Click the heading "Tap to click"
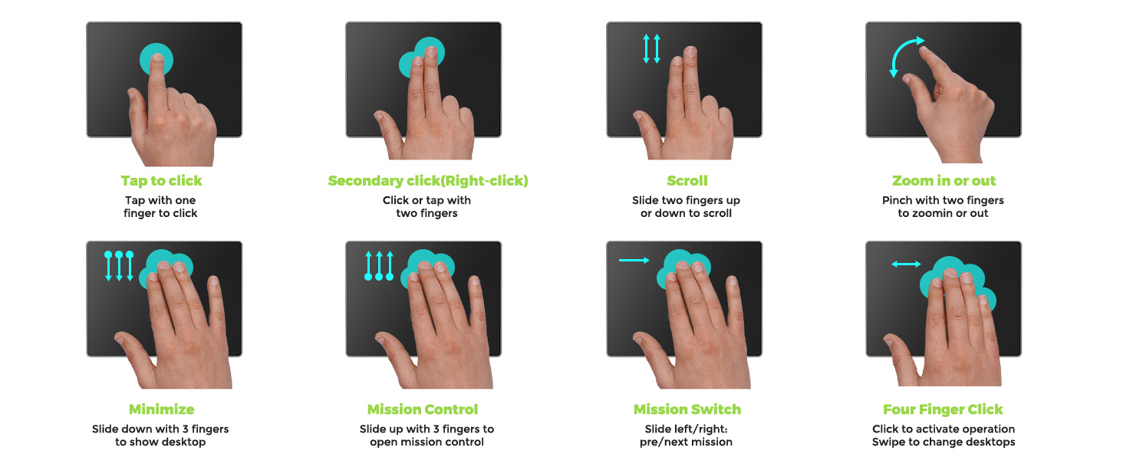point(161,181)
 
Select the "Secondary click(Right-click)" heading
point(428,181)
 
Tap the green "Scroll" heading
point(687,181)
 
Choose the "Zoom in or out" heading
point(944,181)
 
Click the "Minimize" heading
point(161,409)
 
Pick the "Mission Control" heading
point(423,409)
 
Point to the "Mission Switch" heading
point(687,409)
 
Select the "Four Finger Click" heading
point(943,409)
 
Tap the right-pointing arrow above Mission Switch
point(634,261)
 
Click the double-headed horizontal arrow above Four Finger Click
point(906,264)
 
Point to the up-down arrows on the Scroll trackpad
point(652,48)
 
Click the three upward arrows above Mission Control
point(379,265)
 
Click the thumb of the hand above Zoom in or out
point(911,79)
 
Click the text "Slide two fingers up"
point(686,200)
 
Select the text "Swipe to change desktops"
point(944,442)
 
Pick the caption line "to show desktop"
point(160,442)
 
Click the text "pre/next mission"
point(686,442)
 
